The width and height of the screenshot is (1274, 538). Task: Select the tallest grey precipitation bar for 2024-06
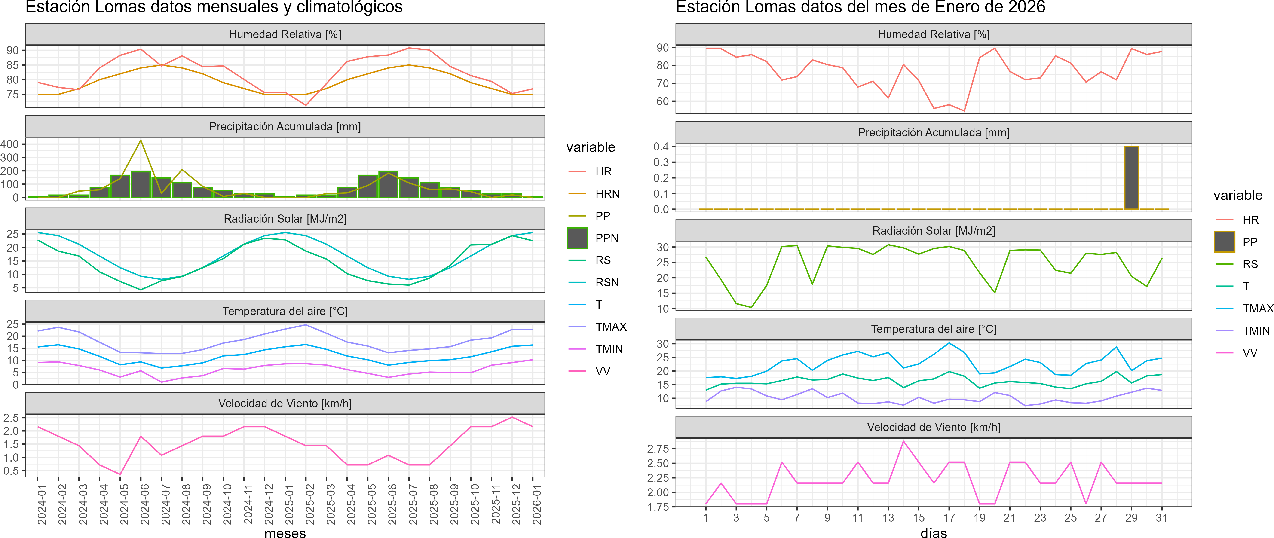141,184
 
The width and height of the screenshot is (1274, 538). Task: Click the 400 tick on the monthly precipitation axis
9,144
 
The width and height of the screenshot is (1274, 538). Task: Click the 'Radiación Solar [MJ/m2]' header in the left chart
285,219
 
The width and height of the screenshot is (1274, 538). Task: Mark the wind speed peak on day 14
903,441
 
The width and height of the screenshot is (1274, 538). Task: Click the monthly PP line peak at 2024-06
141,141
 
